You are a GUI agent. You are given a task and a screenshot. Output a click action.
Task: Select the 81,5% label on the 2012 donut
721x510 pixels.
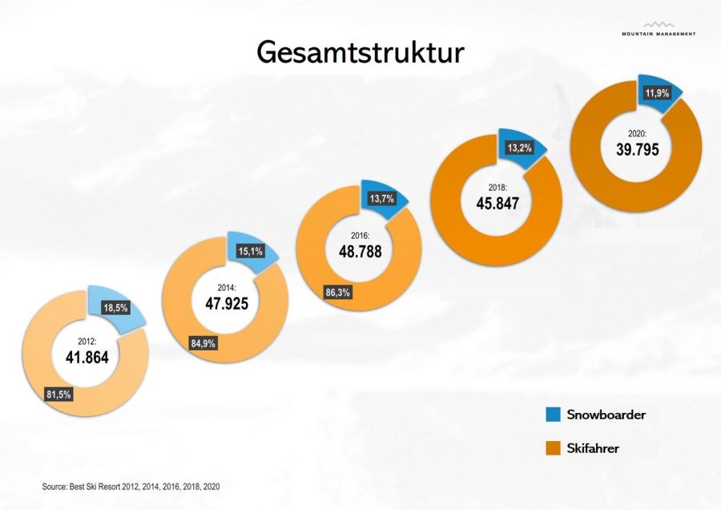pyautogui.click(x=61, y=394)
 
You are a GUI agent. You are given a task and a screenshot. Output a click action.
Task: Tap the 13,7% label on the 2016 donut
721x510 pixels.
pyautogui.click(x=383, y=199)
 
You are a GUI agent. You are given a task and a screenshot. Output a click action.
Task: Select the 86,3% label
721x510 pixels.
pyautogui.click(x=336, y=293)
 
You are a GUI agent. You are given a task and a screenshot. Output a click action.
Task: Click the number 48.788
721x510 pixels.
pyautogui.click(x=359, y=251)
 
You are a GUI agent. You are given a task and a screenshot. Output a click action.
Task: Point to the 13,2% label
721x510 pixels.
pyautogui.click(x=520, y=148)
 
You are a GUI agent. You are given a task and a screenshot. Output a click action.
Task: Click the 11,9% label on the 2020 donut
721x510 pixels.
pyautogui.click(x=657, y=94)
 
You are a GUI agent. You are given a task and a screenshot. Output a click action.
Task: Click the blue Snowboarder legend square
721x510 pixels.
pyautogui.click(x=553, y=415)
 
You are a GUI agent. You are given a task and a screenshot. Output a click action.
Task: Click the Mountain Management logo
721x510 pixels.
pyautogui.click(x=659, y=29)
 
